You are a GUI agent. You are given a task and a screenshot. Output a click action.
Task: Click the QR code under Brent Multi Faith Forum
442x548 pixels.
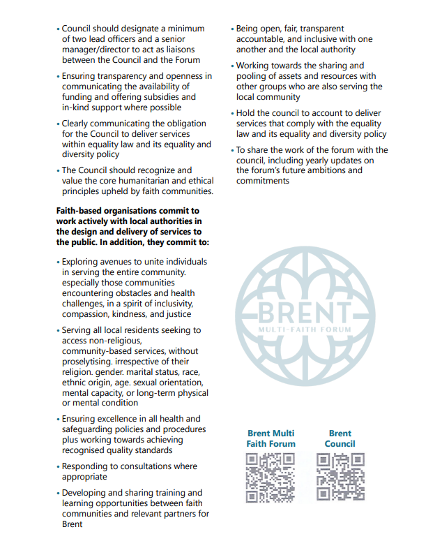270,477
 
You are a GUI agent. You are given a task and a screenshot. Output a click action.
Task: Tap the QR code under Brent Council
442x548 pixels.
340,477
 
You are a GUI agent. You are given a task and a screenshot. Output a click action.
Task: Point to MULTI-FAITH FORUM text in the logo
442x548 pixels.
304,328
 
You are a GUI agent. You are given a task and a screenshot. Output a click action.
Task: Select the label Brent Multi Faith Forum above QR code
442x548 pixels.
270,438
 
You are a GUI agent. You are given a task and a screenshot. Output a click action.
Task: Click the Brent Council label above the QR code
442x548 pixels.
340,438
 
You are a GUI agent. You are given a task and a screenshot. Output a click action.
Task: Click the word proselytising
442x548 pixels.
87,362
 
